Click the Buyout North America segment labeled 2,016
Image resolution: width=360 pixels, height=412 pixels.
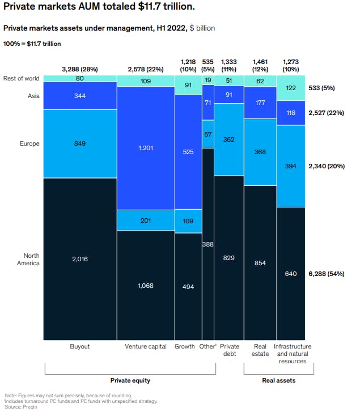point(79,259)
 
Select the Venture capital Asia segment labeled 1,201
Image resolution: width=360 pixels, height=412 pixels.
point(145,148)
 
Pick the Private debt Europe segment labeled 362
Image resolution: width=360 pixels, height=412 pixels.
point(229,139)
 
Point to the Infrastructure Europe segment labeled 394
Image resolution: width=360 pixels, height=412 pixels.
point(291,166)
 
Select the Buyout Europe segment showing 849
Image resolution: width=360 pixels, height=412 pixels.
point(79,143)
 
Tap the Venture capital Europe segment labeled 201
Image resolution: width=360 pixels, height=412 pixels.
point(145,220)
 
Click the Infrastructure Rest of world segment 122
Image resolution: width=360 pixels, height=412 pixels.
point(291,88)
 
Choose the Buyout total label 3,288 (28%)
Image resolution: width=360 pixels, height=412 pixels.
point(79,69)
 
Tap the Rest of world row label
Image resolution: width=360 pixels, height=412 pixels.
point(21,78)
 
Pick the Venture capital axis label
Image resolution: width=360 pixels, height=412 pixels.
point(145,346)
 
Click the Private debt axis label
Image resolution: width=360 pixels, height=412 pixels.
point(229,350)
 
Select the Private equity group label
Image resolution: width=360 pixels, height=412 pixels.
point(130,380)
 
